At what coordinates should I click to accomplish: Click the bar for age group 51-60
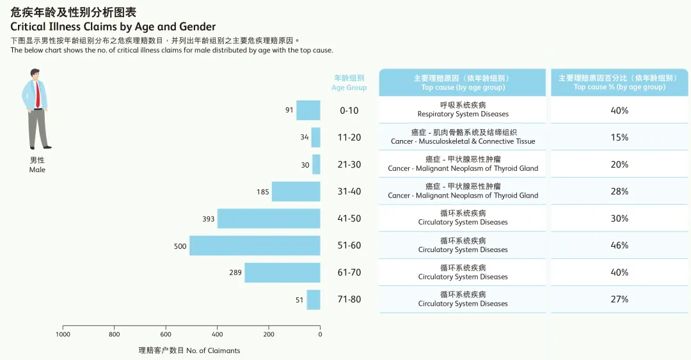pyautogui.click(x=255, y=246)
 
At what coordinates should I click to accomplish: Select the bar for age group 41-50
pyautogui.click(x=269, y=219)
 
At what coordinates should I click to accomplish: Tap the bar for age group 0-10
pyautogui.click(x=308, y=110)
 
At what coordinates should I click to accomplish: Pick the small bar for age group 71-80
pyautogui.click(x=314, y=300)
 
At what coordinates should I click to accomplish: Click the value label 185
pyautogui.click(x=262, y=192)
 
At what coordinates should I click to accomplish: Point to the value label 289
pyautogui.click(x=235, y=273)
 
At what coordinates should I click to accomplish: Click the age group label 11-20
pyautogui.click(x=349, y=137)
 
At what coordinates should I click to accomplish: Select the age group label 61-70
pyautogui.click(x=349, y=272)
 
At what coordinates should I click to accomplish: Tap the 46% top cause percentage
pyautogui.click(x=619, y=246)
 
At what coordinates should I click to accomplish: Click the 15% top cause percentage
pyautogui.click(x=619, y=137)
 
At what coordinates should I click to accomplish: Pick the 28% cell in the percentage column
pyautogui.click(x=619, y=192)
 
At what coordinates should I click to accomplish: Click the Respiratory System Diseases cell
pyautogui.click(x=463, y=110)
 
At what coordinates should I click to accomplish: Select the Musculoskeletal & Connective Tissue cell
pyautogui.click(x=463, y=137)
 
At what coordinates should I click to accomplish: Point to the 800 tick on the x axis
pyautogui.click(x=115, y=334)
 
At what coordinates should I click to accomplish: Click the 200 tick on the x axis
pyautogui.click(x=269, y=334)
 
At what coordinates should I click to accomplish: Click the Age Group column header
pyautogui.click(x=349, y=82)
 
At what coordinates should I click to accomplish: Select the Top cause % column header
pyautogui.click(x=619, y=82)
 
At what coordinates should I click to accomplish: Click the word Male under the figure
pyautogui.click(x=37, y=170)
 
